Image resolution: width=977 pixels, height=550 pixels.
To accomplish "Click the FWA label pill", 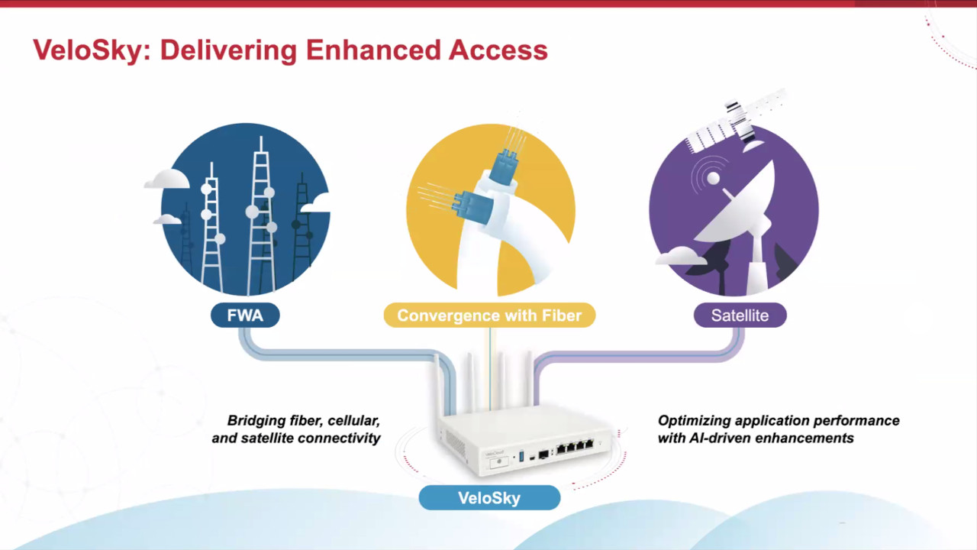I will coord(245,315).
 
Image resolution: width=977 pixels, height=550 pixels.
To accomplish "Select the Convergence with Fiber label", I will coord(488,315).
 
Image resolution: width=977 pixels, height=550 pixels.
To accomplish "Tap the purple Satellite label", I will coord(740,315).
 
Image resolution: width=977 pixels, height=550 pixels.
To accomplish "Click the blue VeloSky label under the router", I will coord(489,498).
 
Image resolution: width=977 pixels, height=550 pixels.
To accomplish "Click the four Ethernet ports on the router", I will coord(574,448).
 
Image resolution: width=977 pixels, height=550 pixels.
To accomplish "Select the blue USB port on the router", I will coord(521,456).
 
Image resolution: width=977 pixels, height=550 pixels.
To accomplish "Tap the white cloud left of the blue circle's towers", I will coord(166,180).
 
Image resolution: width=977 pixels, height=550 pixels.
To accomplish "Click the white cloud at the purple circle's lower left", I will coord(682,256).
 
